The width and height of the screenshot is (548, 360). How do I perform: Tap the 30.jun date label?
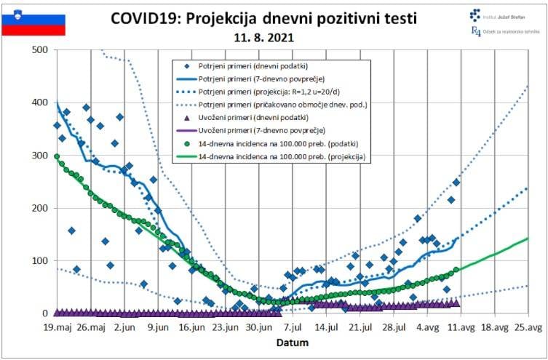(x=261, y=328)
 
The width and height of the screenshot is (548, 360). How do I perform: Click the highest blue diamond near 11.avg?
(x=456, y=182)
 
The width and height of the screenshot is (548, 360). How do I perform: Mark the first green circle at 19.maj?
(x=57, y=156)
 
